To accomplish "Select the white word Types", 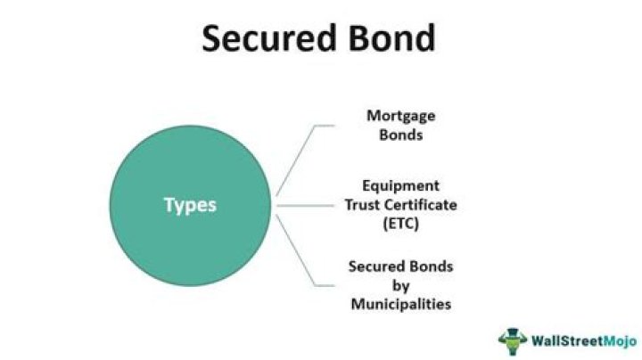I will click(x=190, y=205).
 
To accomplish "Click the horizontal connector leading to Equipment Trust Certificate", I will click(x=309, y=205).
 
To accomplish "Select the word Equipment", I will click(x=400, y=186).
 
